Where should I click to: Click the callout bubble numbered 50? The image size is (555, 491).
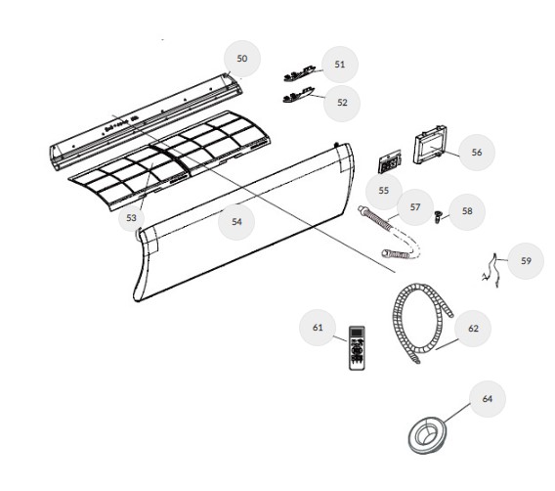[x=242, y=59]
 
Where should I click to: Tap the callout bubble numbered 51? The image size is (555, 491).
[x=340, y=65]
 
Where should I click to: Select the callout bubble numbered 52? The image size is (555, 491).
[x=342, y=103]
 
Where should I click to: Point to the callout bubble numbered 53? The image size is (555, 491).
[x=131, y=218]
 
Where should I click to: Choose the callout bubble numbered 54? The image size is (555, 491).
[x=236, y=222]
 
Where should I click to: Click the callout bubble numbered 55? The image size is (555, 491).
[x=384, y=191]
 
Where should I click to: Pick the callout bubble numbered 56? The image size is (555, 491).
[x=477, y=153]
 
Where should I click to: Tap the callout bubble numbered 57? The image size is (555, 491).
[x=415, y=207]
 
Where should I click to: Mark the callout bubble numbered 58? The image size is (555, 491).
[x=467, y=211]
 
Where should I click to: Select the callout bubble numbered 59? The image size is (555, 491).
[x=526, y=261]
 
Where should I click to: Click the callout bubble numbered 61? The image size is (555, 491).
[x=318, y=328]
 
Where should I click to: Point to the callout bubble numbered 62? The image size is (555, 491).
[x=473, y=329]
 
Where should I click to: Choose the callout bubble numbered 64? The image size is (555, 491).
[x=488, y=399]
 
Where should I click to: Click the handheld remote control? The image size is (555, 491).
[x=357, y=348]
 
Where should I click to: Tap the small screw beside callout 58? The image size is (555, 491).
[x=438, y=216]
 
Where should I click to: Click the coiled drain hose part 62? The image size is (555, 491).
[x=397, y=319]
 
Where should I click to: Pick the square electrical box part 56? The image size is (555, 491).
[x=430, y=145]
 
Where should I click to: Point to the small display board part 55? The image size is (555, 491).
[x=390, y=161]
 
